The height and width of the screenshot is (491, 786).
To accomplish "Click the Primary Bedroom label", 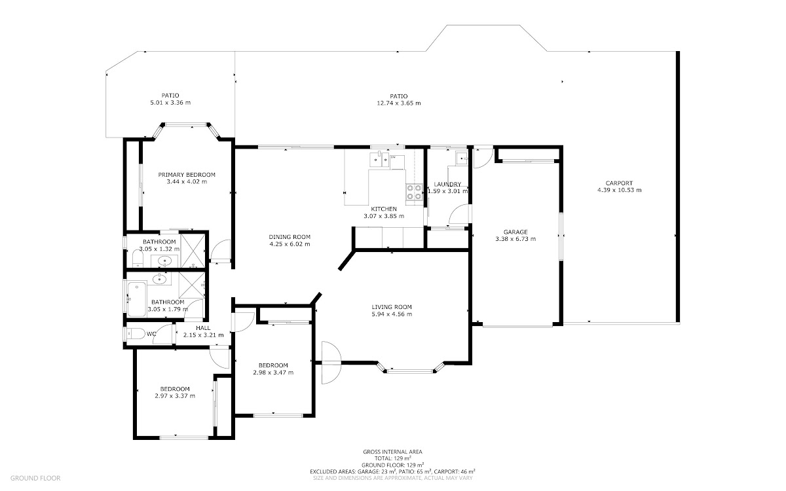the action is [x=186, y=175].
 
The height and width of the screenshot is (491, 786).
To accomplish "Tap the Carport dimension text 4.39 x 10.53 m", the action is [x=620, y=190].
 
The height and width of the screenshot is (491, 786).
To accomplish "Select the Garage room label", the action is [x=515, y=232].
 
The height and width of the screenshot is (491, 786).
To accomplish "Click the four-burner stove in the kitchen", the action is [x=414, y=192].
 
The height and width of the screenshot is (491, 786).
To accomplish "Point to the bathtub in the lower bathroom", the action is [x=136, y=299].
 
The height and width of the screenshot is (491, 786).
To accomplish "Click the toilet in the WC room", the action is [x=136, y=333].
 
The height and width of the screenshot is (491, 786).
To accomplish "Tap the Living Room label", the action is [x=392, y=307].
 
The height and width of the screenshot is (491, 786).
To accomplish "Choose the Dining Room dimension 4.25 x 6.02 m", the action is [x=290, y=244].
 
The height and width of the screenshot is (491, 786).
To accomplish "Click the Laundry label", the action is [x=447, y=184].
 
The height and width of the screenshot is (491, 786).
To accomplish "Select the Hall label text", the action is [x=203, y=328].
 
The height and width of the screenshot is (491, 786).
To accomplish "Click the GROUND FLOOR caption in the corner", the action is [x=35, y=478].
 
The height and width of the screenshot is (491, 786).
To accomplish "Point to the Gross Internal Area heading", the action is [x=392, y=452].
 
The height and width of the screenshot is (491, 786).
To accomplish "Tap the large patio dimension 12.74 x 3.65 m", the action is [x=399, y=103].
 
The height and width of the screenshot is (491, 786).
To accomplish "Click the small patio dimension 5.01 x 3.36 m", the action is [x=170, y=103].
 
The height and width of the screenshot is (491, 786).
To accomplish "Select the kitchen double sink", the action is [x=379, y=160].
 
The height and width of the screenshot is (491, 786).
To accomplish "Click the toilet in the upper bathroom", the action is [x=138, y=259].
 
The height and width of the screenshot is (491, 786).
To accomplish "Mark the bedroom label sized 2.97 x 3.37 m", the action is [x=175, y=389].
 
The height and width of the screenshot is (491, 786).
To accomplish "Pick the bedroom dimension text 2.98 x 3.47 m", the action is [x=273, y=373].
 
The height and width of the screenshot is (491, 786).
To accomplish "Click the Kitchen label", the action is [x=384, y=209].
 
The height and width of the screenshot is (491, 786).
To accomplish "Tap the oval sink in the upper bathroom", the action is [x=164, y=261].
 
